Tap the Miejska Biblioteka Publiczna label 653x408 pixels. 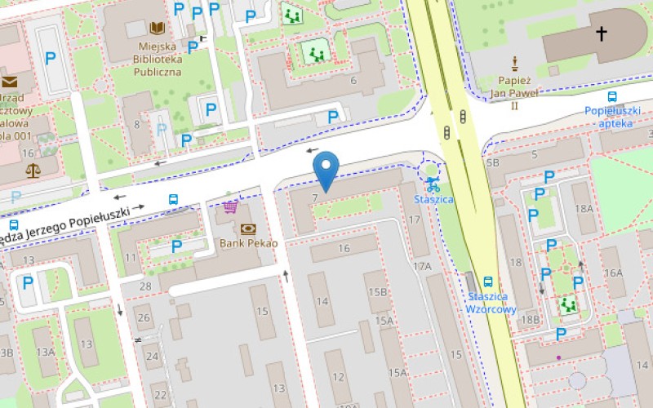point(158,59)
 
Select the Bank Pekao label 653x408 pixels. point(249,243)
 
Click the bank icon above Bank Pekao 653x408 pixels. point(248,228)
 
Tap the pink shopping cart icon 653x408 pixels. point(231,206)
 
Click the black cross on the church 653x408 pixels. point(602,33)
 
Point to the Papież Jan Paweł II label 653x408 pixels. point(515,93)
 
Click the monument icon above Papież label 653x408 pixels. point(515,63)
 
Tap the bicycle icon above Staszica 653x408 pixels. point(433,184)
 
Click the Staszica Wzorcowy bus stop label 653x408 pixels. point(491,303)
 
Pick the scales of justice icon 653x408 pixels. point(33,170)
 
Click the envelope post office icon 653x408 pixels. point(10,82)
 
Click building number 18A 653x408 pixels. point(584,209)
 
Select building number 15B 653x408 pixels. point(377,292)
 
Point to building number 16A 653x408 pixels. point(613,273)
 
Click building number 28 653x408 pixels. point(145,286)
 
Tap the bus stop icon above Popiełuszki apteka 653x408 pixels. point(612,96)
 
